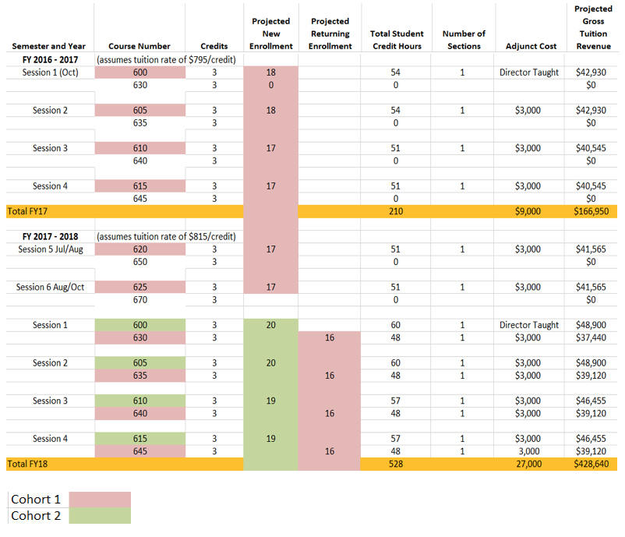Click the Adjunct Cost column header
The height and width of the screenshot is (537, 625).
click(531, 46)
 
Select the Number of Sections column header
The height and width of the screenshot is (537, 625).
click(464, 40)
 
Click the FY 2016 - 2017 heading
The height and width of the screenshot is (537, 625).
click(50, 60)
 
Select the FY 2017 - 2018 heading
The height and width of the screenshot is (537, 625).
click(50, 236)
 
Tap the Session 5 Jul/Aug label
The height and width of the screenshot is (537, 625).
click(50, 249)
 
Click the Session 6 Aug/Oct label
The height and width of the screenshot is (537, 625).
click(50, 287)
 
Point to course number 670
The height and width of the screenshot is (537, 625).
click(139, 299)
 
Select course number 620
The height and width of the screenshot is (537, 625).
click(139, 249)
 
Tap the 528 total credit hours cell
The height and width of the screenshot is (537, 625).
click(395, 464)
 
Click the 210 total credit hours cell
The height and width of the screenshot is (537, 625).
click(395, 211)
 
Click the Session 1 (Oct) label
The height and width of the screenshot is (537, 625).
click(50, 72)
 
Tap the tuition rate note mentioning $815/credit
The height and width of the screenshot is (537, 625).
click(165, 236)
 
